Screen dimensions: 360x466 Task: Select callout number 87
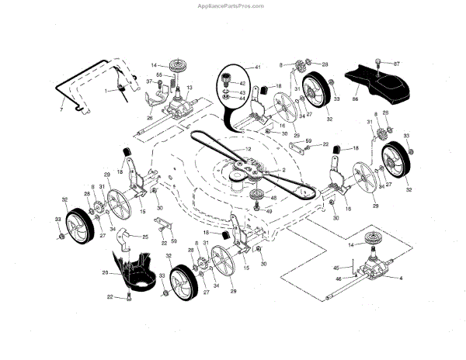[396, 63]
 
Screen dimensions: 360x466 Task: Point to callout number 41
[259, 67]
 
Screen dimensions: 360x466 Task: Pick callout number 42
[243, 83]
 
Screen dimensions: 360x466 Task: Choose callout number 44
[243, 99]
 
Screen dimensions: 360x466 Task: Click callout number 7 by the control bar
[61, 101]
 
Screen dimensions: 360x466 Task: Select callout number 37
[148, 81]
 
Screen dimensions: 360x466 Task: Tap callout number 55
[158, 74]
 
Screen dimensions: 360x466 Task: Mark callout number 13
[189, 90]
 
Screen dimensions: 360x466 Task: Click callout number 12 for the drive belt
[248, 147]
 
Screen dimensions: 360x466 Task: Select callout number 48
[273, 199]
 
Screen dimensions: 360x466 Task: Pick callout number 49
[270, 210]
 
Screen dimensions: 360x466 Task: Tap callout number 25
[145, 235]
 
